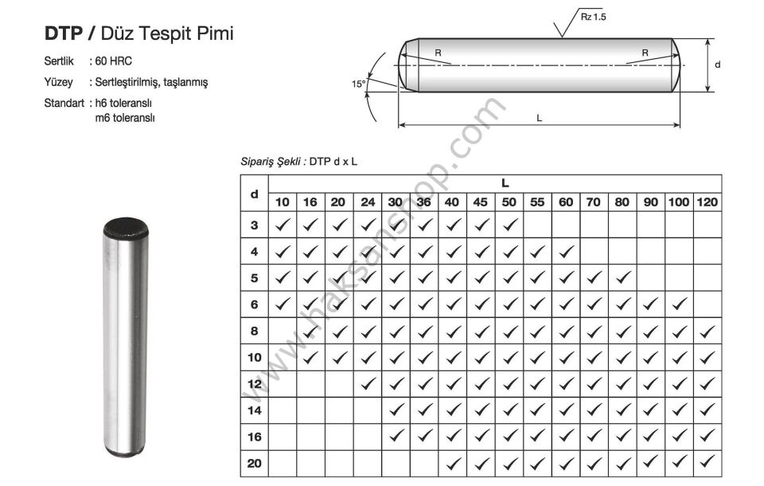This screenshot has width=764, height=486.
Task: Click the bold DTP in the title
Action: pos(64,33)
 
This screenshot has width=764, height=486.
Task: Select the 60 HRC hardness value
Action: pos(114,61)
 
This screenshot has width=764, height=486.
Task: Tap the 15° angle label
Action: pos(359,84)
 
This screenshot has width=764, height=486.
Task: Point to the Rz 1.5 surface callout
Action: pos(593,17)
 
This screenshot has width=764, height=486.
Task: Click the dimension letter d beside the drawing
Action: pos(717,65)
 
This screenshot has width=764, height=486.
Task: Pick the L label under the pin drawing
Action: pos(539,118)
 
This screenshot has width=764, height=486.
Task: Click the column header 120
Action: pos(707,202)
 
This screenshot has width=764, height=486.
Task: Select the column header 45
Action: pos(480,202)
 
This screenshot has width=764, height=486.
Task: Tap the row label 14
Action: pos(255,410)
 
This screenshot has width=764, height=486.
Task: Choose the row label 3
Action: pos(255,225)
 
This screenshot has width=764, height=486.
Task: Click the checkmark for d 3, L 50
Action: pos(509,225)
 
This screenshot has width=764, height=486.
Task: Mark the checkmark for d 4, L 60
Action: pos(566,251)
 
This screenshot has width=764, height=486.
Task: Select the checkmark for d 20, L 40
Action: pos(453,463)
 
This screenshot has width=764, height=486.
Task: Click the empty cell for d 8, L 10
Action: pos(283,331)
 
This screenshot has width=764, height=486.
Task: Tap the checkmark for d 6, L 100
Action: pos(679,304)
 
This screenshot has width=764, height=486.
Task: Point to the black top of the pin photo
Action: pos(125,227)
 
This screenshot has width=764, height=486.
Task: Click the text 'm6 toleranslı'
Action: pos(125,118)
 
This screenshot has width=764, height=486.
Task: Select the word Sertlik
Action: pos(59,61)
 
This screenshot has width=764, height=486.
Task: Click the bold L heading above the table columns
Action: pos(505,183)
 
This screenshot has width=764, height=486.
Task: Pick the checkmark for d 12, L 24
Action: pos(368,383)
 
